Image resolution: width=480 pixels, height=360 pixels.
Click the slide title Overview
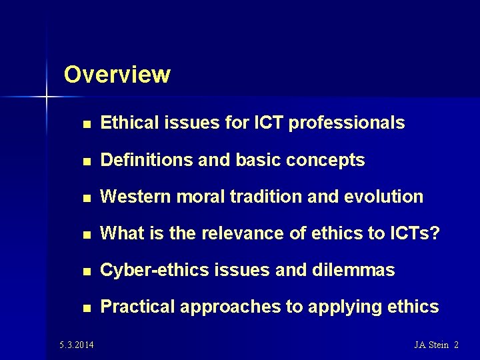(x=117, y=74)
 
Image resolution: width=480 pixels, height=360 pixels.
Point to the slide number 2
(x=456, y=345)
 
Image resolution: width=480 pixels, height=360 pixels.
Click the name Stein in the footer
(x=438, y=345)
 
